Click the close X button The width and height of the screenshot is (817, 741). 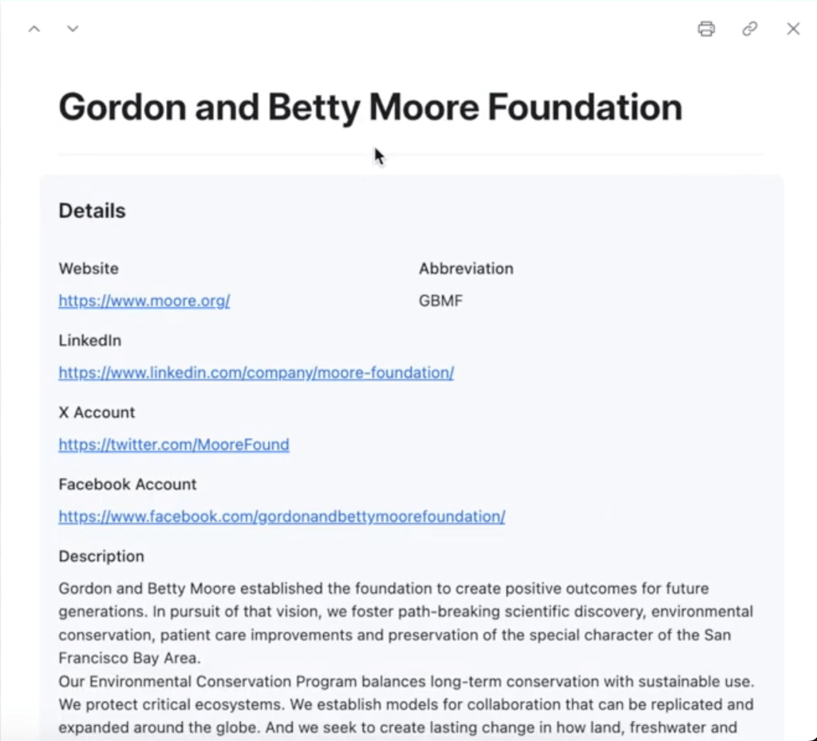(x=793, y=29)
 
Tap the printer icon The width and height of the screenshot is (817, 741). (x=706, y=29)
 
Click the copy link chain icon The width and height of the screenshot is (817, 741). (x=749, y=29)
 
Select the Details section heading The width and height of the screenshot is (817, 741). (x=92, y=211)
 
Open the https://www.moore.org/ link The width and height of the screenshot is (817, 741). (x=144, y=301)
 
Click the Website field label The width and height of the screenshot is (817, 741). (x=89, y=269)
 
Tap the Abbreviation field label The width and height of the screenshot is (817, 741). (x=466, y=269)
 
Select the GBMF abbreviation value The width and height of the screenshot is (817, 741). (x=440, y=301)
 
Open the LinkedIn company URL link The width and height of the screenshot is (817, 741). (x=256, y=372)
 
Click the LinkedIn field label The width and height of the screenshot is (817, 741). (x=90, y=341)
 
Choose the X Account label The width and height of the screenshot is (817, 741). (x=97, y=412)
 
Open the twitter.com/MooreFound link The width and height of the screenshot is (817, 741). (x=174, y=444)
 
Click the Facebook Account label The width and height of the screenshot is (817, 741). (x=128, y=484)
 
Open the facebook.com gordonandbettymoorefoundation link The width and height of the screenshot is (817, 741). (x=282, y=516)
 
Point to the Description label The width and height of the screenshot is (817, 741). (x=101, y=556)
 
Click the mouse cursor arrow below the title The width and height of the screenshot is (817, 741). (x=379, y=156)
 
